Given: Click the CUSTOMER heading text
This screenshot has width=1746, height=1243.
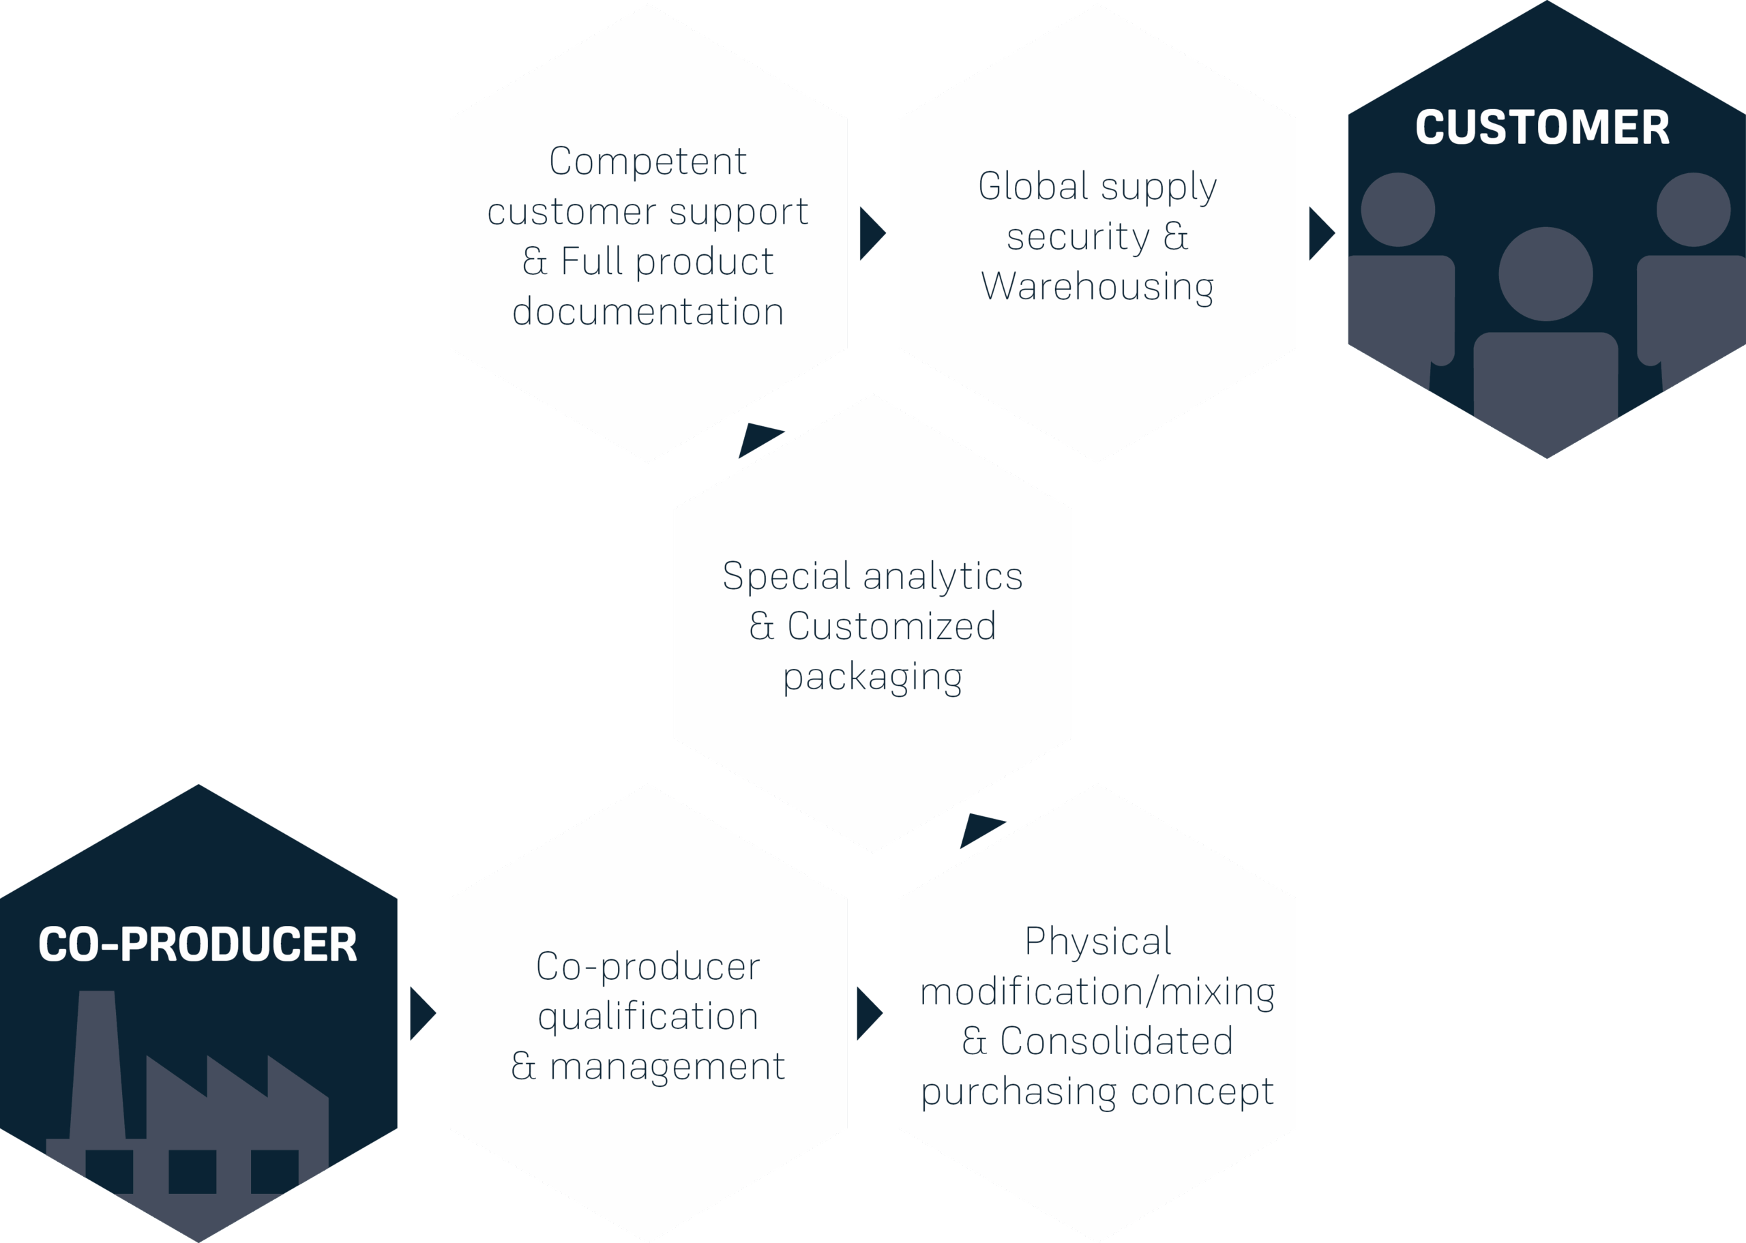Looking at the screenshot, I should pos(1541,127).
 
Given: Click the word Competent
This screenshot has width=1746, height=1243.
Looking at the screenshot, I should pos(647,162).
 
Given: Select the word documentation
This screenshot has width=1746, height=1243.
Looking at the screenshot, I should pos(647,312).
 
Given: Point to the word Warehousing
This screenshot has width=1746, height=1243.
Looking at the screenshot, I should pos(1097,287).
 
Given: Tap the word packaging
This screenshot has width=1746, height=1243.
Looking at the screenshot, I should pos(872,677).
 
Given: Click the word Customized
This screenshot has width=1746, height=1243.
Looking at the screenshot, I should pos(891,626).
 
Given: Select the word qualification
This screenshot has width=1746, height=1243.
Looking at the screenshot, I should pos(647,1017).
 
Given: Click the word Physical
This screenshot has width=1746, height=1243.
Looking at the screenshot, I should pos(1097,942).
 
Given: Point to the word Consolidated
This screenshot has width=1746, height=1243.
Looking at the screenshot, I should pos(1116,1041).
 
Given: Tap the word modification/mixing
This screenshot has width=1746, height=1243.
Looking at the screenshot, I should pos(1097,992).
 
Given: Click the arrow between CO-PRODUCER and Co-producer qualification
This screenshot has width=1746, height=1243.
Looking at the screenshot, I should pos(421,1013).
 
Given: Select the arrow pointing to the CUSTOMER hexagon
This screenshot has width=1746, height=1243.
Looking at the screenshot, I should pos(1321,233).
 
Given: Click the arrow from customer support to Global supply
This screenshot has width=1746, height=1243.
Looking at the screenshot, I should pos(871,233).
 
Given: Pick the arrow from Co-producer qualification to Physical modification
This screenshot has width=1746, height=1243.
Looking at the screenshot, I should pos(868,1013).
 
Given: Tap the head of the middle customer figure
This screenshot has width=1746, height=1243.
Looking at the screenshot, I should pos(1545,274).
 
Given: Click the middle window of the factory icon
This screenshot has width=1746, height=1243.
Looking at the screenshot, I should pos(192,1171).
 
